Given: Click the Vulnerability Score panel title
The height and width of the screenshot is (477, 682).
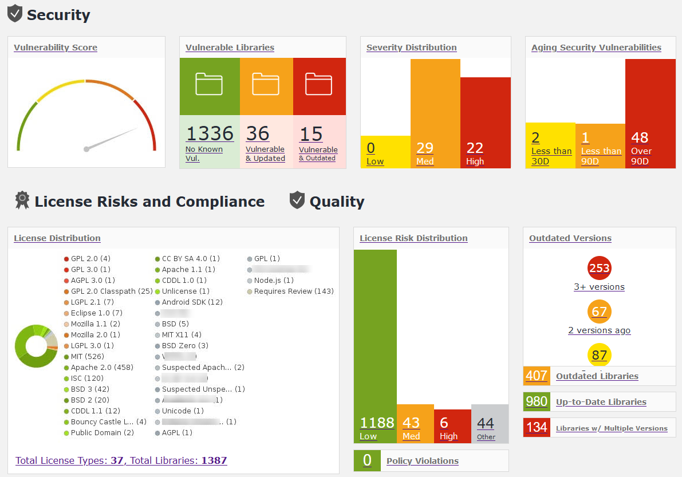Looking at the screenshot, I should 56,48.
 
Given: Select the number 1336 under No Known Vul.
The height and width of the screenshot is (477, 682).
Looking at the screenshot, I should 210,133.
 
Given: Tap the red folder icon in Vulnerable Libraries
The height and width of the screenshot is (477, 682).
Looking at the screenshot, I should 318,84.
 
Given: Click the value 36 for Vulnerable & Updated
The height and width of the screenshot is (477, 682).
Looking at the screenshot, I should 258,133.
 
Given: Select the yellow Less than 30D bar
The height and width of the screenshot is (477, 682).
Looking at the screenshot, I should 550,145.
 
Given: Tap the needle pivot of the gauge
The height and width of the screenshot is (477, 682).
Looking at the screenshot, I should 86,149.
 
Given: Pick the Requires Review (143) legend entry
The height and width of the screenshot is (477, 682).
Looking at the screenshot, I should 293,291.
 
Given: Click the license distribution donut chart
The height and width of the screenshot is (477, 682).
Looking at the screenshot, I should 36,346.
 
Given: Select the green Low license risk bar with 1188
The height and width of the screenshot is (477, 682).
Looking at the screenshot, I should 375,344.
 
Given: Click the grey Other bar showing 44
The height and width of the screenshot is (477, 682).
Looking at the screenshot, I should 490,424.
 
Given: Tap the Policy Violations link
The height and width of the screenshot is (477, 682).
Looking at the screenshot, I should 422,461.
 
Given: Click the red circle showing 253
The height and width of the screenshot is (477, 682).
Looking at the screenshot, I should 599,268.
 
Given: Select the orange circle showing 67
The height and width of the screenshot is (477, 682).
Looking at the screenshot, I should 599,312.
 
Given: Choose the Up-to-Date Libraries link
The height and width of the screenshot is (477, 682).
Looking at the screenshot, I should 601,402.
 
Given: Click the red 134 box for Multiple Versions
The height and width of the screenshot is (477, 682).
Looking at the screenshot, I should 537,428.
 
